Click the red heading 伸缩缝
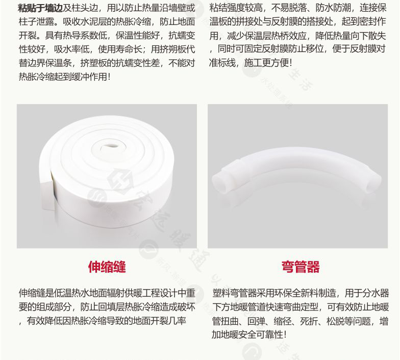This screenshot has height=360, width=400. click(107, 267)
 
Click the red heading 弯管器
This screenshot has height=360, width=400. click(301, 267)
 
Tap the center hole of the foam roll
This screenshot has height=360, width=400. click(110, 147)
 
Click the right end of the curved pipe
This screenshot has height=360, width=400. click(373, 182)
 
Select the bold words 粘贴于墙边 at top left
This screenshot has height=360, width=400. click(40, 8)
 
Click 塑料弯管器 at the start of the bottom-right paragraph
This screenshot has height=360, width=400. click(235, 293)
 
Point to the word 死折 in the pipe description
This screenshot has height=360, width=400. click(309, 321)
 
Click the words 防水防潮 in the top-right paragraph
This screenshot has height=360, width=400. click(333, 8)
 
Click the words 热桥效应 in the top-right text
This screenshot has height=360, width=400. click(289, 36)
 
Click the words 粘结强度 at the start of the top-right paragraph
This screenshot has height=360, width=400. click(227, 8)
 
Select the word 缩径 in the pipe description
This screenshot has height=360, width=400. click(283, 321)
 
